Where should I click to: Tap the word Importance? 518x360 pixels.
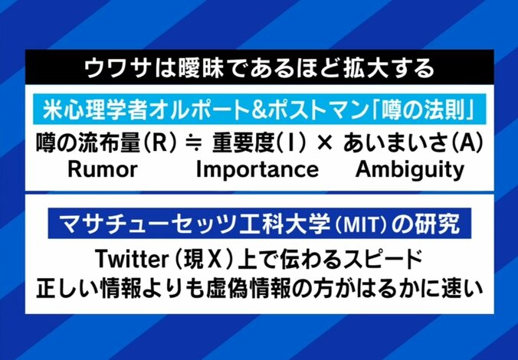pos(257,169)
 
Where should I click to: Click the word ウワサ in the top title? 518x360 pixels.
pos(110,67)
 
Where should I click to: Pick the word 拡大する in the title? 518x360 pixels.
pos(392,67)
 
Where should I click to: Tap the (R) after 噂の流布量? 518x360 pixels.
pos(152,143)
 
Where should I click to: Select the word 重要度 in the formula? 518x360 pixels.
pos(231,143)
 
